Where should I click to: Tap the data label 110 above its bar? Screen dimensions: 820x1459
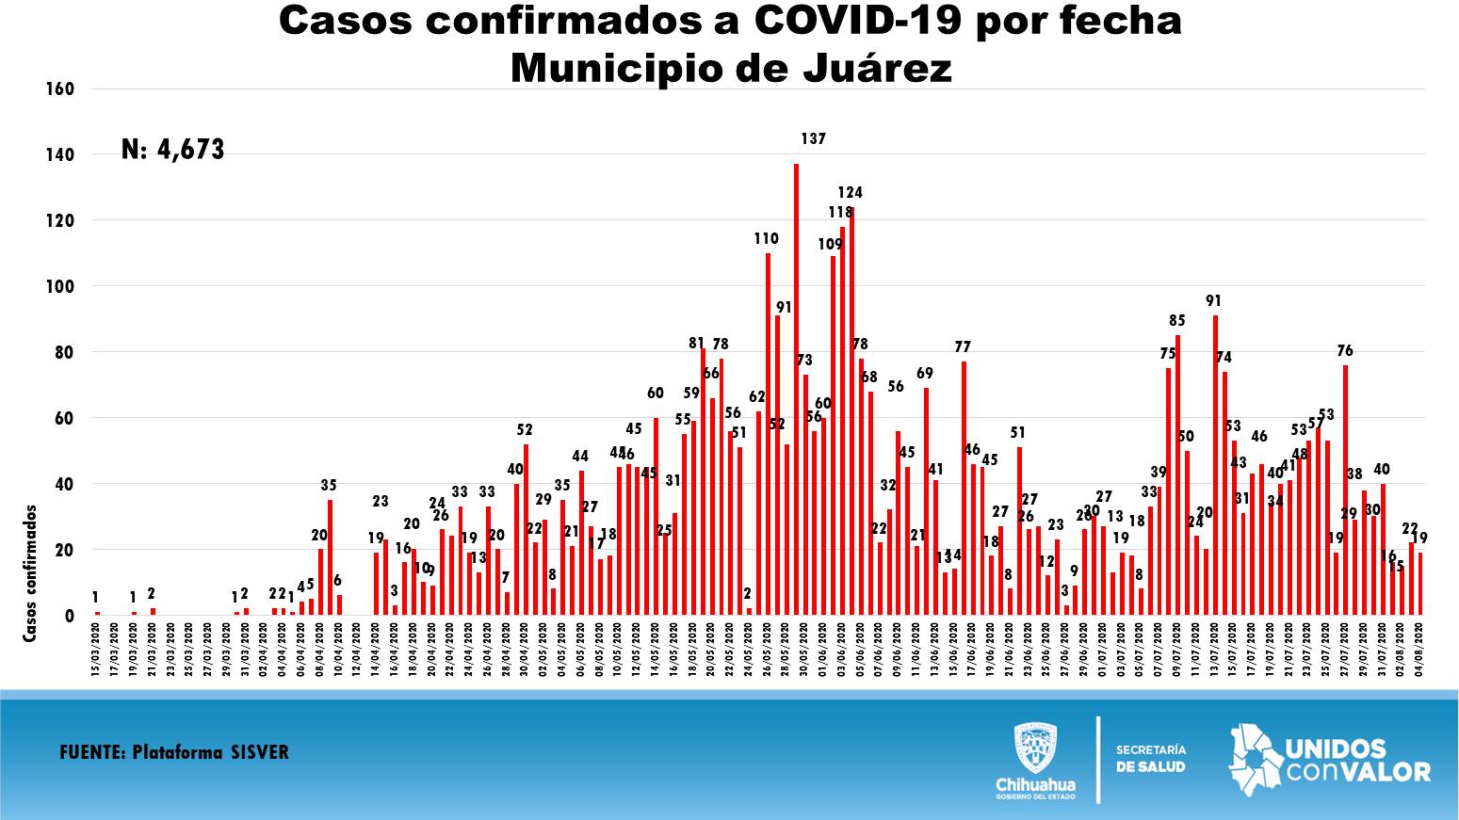coord(767,239)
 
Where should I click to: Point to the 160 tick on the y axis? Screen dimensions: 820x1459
coord(59,89)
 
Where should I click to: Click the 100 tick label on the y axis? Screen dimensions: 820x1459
coord(59,286)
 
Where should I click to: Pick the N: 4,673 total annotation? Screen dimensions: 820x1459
coord(173,150)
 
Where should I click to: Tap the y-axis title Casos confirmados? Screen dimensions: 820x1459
coord(30,573)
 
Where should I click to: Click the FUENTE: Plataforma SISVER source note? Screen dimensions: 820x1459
coord(174,752)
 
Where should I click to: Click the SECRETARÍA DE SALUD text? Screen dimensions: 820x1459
coord(1151,758)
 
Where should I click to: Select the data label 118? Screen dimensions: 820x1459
coord(840,213)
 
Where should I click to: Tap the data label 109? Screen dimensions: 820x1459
coord(830,245)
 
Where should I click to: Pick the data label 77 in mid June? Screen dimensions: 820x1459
coord(963,347)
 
